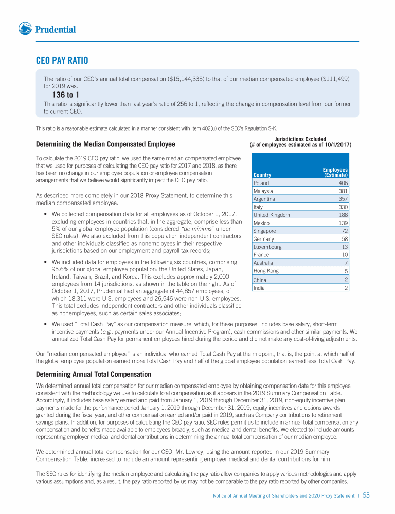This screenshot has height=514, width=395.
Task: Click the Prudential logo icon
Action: coord(25,29)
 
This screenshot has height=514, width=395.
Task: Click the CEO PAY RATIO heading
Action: coord(62,61)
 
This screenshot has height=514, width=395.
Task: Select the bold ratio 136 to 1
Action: coord(66,95)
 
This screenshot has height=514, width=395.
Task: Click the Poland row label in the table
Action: coord(261,183)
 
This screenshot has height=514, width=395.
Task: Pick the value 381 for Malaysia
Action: coord(344,191)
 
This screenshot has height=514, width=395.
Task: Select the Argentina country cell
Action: coord(264,199)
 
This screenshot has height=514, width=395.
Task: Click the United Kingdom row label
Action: coord(272,215)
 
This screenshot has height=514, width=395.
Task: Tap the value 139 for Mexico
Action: coord(344,223)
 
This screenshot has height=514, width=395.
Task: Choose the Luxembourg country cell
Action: coord(267,247)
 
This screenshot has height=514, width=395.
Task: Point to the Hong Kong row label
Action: coord(266,271)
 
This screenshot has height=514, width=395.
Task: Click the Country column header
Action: coord(262,175)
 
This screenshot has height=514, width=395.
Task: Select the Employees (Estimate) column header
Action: coord(335,172)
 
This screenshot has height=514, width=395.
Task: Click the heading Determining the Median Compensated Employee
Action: coord(105,144)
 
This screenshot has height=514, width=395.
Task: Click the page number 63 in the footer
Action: coord(366,495)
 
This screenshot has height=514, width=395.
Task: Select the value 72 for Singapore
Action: coord(345,231)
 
